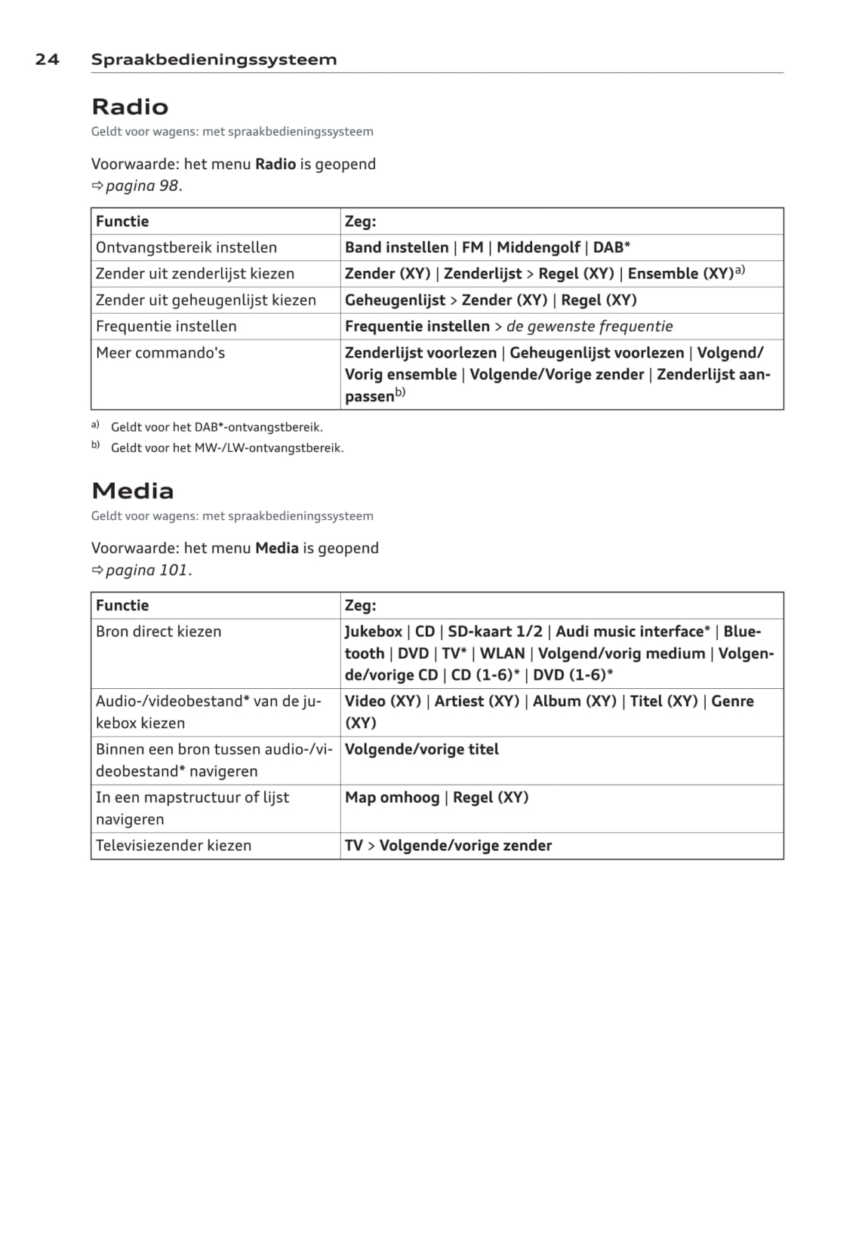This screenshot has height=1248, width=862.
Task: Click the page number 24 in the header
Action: tap(47, 60)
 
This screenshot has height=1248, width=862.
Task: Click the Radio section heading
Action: tap(130, 106)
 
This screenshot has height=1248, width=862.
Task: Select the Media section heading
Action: tap(133, 490)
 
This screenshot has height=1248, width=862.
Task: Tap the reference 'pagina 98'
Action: tap(143, 186)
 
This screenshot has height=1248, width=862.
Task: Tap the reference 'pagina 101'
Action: tap(147, 570)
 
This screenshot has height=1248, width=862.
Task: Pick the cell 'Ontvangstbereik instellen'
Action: tap(186, 247)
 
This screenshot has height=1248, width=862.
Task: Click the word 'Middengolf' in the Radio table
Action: tap(538, 247)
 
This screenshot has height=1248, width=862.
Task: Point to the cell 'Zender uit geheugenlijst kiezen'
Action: tap(206, 300)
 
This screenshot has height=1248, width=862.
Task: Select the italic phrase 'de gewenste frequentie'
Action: tap(589, 327)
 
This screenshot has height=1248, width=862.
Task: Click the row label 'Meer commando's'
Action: tap(160, 353)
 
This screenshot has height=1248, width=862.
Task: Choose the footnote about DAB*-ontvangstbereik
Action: tap(217, 427)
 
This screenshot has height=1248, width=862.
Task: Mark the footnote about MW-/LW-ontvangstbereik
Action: tap(227, 448)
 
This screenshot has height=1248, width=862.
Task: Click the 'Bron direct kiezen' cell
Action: tap(159, 632)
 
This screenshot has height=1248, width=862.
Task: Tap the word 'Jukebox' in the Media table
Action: tap(374, 632)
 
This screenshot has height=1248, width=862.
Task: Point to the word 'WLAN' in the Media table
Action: tap(502, 653)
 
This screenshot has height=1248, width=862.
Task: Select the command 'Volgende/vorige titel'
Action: tap(422, 749)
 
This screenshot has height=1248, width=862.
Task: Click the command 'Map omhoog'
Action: tap(392, 798)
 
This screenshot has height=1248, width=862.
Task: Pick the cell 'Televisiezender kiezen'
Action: tap(174, 846)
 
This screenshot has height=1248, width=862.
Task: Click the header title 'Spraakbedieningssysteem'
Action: tap(214, 60)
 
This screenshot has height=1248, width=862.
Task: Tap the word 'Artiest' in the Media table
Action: tap(461, 701)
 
